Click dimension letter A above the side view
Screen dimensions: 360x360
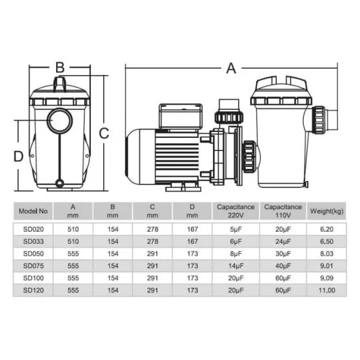(x=231, y=68)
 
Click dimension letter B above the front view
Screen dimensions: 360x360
(x=60, y=67)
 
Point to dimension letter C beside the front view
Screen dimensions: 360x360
(x=104, y=133)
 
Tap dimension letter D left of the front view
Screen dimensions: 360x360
(x=19, y=156)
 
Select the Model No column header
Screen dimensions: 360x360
(x=33, y=211)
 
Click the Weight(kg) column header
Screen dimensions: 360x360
(x=327, y=211)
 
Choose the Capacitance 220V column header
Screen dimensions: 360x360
(x=236, y=211)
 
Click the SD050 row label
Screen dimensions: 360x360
(x=33, y=254)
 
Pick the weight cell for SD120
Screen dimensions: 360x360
(x=327, y=290)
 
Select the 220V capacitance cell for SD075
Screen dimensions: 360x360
(x=236, y=266)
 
